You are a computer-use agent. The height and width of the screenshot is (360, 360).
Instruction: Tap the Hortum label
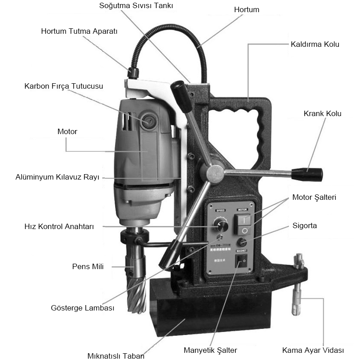tap(247, 9)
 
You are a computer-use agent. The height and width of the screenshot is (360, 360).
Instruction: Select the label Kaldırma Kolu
tap(315, 45)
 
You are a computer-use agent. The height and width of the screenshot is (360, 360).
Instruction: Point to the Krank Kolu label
tap(322, 113)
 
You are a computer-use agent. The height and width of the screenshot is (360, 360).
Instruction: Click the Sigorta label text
tap(305, 225)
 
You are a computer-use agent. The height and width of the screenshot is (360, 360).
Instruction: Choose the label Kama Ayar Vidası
tap(313, 350)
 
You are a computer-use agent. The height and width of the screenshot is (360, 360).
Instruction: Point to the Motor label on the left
tap(67, 132)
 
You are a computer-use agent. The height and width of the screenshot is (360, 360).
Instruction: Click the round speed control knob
tap(220, 225)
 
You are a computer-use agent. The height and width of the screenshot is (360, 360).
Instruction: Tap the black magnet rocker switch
tap(243, 260)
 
